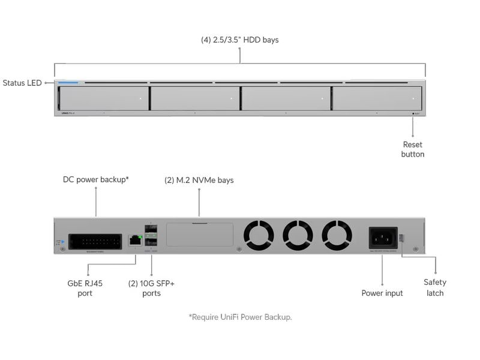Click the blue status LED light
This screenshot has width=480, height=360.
coord(68,83)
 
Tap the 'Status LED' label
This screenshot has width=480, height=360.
coord(22,83)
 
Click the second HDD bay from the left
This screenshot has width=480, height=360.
coord(194,98)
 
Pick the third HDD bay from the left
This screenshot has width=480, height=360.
coord(286,98)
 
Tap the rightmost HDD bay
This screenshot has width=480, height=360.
coord(377,98)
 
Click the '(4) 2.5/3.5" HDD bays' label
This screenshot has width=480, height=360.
coord(239,40)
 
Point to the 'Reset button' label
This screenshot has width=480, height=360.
coord(412,149)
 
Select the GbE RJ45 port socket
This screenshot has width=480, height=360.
coord(135,241)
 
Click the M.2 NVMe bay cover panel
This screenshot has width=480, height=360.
coord(199,234)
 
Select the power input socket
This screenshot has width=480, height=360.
coord(383,238)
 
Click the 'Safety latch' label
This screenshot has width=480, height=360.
coord(435,287)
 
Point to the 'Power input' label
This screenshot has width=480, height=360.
coord(382,293)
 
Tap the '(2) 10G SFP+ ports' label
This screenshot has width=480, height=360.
coord(152,288)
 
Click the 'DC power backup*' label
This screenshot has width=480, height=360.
coord(96,179)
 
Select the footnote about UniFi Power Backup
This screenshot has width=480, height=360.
coord(240,317)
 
